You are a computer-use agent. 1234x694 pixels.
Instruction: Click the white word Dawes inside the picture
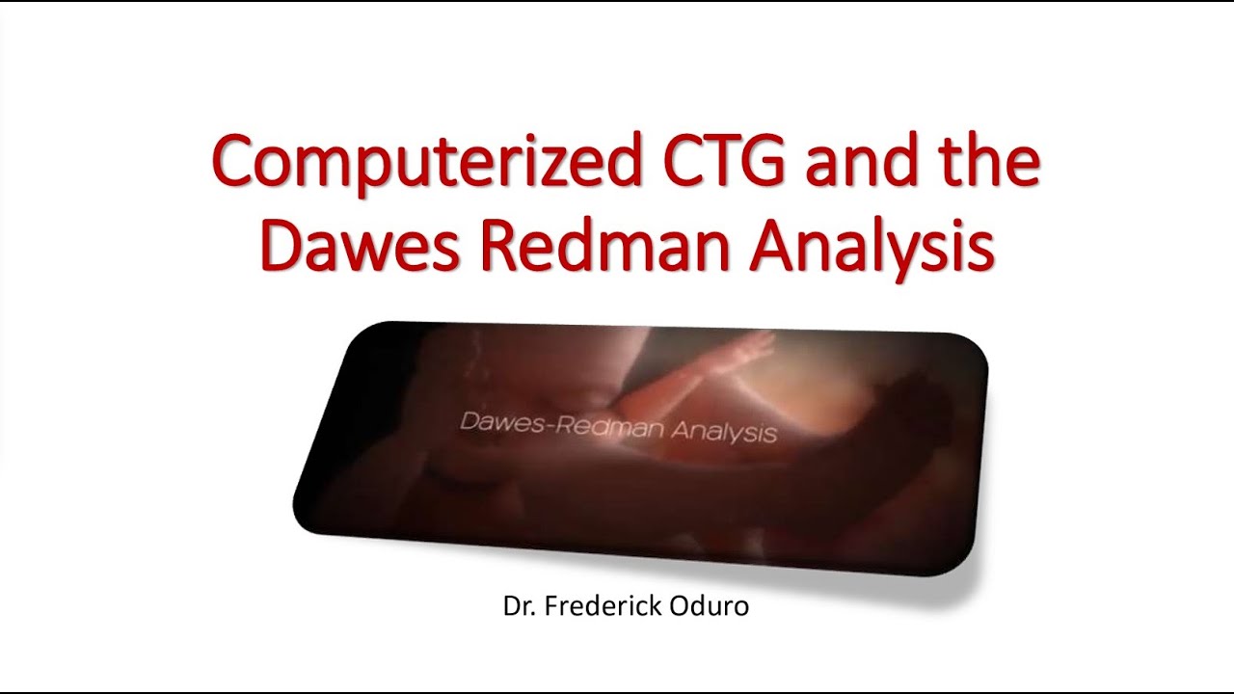coord(499,422)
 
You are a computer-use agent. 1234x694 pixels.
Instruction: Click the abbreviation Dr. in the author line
coord(517,607)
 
